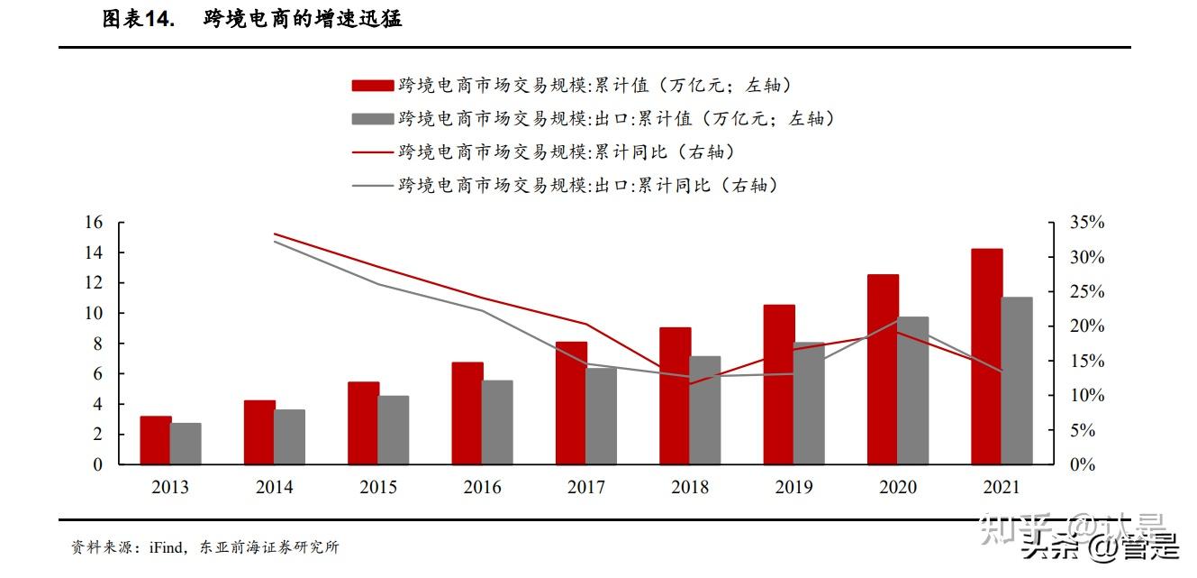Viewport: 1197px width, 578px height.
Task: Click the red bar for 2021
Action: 986,356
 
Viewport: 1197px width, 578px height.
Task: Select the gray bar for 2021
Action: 1017,381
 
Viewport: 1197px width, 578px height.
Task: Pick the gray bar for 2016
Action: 497,422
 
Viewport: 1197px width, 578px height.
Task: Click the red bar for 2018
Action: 675,396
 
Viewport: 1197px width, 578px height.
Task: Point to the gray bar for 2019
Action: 809,403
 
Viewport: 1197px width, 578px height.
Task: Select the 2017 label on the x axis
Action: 585,488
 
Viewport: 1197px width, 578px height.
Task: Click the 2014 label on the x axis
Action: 274,488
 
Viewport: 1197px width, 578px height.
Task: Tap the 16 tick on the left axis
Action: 93,223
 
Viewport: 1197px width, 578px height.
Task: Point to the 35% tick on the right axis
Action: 1087,223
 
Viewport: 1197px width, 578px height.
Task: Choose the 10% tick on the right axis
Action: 1087,396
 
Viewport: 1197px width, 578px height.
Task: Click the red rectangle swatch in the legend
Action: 372,86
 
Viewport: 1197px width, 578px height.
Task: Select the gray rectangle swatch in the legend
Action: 372,119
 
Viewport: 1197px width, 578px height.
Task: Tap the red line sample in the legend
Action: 372,152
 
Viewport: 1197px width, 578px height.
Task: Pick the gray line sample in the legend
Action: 372,186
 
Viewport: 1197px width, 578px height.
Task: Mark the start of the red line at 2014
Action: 274,234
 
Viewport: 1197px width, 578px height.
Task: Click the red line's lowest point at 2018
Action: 690,383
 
